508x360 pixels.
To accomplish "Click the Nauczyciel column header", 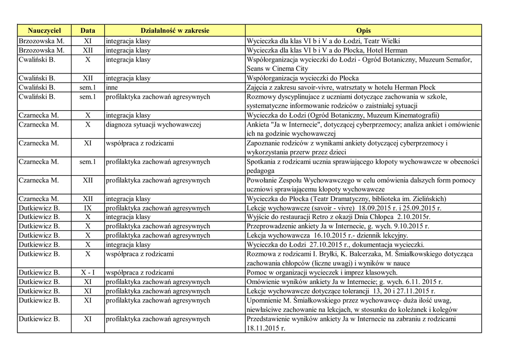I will (44, 31).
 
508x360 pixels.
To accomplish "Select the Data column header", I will (88, 31).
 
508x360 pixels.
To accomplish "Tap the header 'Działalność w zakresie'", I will (175, 31).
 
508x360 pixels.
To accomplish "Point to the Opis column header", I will (363, 31).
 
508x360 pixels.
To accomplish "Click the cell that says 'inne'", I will (112, 87).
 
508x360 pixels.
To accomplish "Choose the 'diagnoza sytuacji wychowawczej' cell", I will (153, 125).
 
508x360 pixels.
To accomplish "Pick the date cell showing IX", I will (88, 208).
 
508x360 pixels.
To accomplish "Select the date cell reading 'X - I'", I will (88, 273).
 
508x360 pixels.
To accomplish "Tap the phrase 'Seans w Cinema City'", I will (277, 69).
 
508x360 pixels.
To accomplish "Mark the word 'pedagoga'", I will (260, 171).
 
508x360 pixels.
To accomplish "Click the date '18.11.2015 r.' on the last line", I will (266, 328).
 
